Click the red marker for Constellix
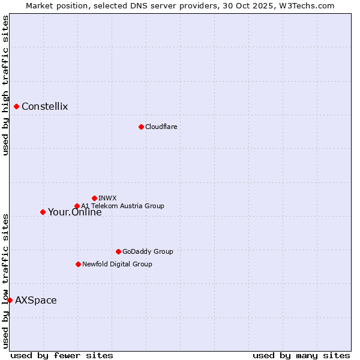pyautogui.click(x=17, y=107)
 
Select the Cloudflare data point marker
pyautogui.click(x=141, y=127)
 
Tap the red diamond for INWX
pyautogui.click(x=94, y=198)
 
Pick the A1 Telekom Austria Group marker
pyautogui.click(x=77, y=206)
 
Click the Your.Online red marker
pyautogui.click(x=43, y=212)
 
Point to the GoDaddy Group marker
pyautogui.click(x=118, y=251)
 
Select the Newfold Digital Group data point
pyautogui.click(x=78, y=264)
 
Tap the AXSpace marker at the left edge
pyautogui.click(x=10, y=300)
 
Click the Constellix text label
pyautogui.click(x=45, y=107)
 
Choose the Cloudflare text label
pyautogui.click(x=161, y=127)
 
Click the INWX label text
pyautogui.click(x=108, y=198)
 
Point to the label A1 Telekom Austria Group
pyautogui.click(x=123, y=206)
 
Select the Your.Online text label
pyautogui.click(x=75, y=212)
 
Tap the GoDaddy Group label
pyautogui.click(x=148, y=251)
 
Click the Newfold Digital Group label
pyautogui.click(x=118, y=264)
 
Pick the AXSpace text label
pyautogui.click(x=36, y=300)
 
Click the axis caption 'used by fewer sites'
pyautogui.click(x=62, y=355)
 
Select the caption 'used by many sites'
pyautogui.click(x=301, y=355)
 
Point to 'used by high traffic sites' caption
pyautogui.click(x=5, y=86)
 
